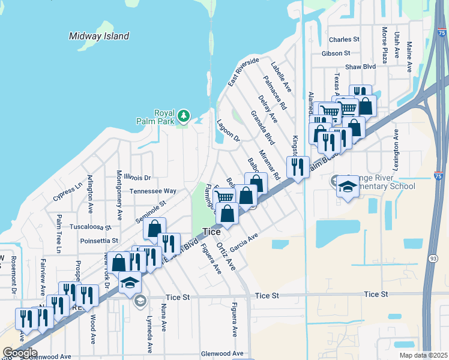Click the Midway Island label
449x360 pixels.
point(99,36)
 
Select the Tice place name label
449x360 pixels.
point(211,232)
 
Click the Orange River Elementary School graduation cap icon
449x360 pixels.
point(348,186)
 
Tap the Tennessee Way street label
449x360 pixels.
point(153,191)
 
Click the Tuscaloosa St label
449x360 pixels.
point(91,228)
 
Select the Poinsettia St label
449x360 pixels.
point(99,241)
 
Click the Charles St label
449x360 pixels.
point(344,40)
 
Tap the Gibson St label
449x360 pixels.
point(339,53)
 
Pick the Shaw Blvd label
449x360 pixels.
point(360,67)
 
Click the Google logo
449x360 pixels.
point(20,353)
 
